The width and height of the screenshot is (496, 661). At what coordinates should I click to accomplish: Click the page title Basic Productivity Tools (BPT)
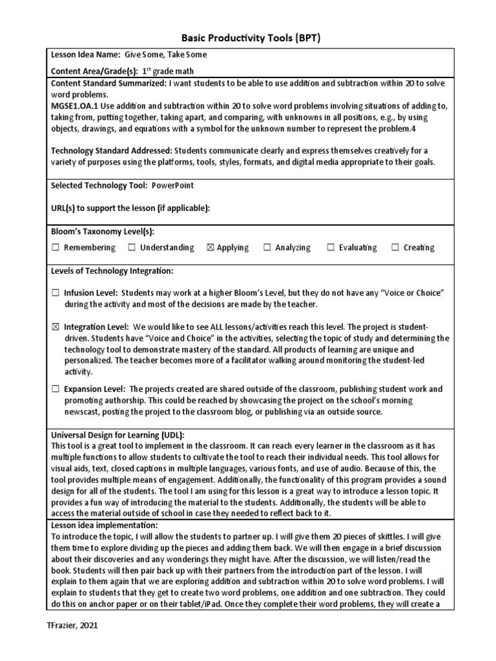tap(248, 38)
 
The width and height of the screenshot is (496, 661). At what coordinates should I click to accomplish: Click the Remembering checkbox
tap(56, 248)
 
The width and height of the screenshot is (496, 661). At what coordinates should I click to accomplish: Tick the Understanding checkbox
tap(132, 248)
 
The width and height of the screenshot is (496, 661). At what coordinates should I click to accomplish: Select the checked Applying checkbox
tap(209, 248)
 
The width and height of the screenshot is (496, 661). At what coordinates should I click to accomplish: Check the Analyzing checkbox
tap(267, 248)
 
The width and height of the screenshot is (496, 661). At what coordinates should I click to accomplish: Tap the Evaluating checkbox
tap(331, 248)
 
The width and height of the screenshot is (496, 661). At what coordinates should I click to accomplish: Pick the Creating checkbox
tap(395, 248)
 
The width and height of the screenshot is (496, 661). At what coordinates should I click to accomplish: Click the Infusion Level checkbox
tap(56, 293)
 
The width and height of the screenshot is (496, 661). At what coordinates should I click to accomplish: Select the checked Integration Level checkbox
tap(56, 327)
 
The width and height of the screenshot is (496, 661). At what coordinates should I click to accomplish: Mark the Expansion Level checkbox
tap(56, 389)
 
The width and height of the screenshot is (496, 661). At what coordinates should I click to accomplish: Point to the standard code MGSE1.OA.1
tap(74, 106)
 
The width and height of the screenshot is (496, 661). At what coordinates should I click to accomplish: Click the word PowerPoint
tap(172, 186)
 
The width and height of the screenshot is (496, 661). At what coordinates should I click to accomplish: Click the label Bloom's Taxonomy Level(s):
tap(102, 231)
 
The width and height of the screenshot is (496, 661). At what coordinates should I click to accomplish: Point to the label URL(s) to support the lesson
tap(130, 208)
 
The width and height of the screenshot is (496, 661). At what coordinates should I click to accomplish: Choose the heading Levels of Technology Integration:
tap(112, 270)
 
